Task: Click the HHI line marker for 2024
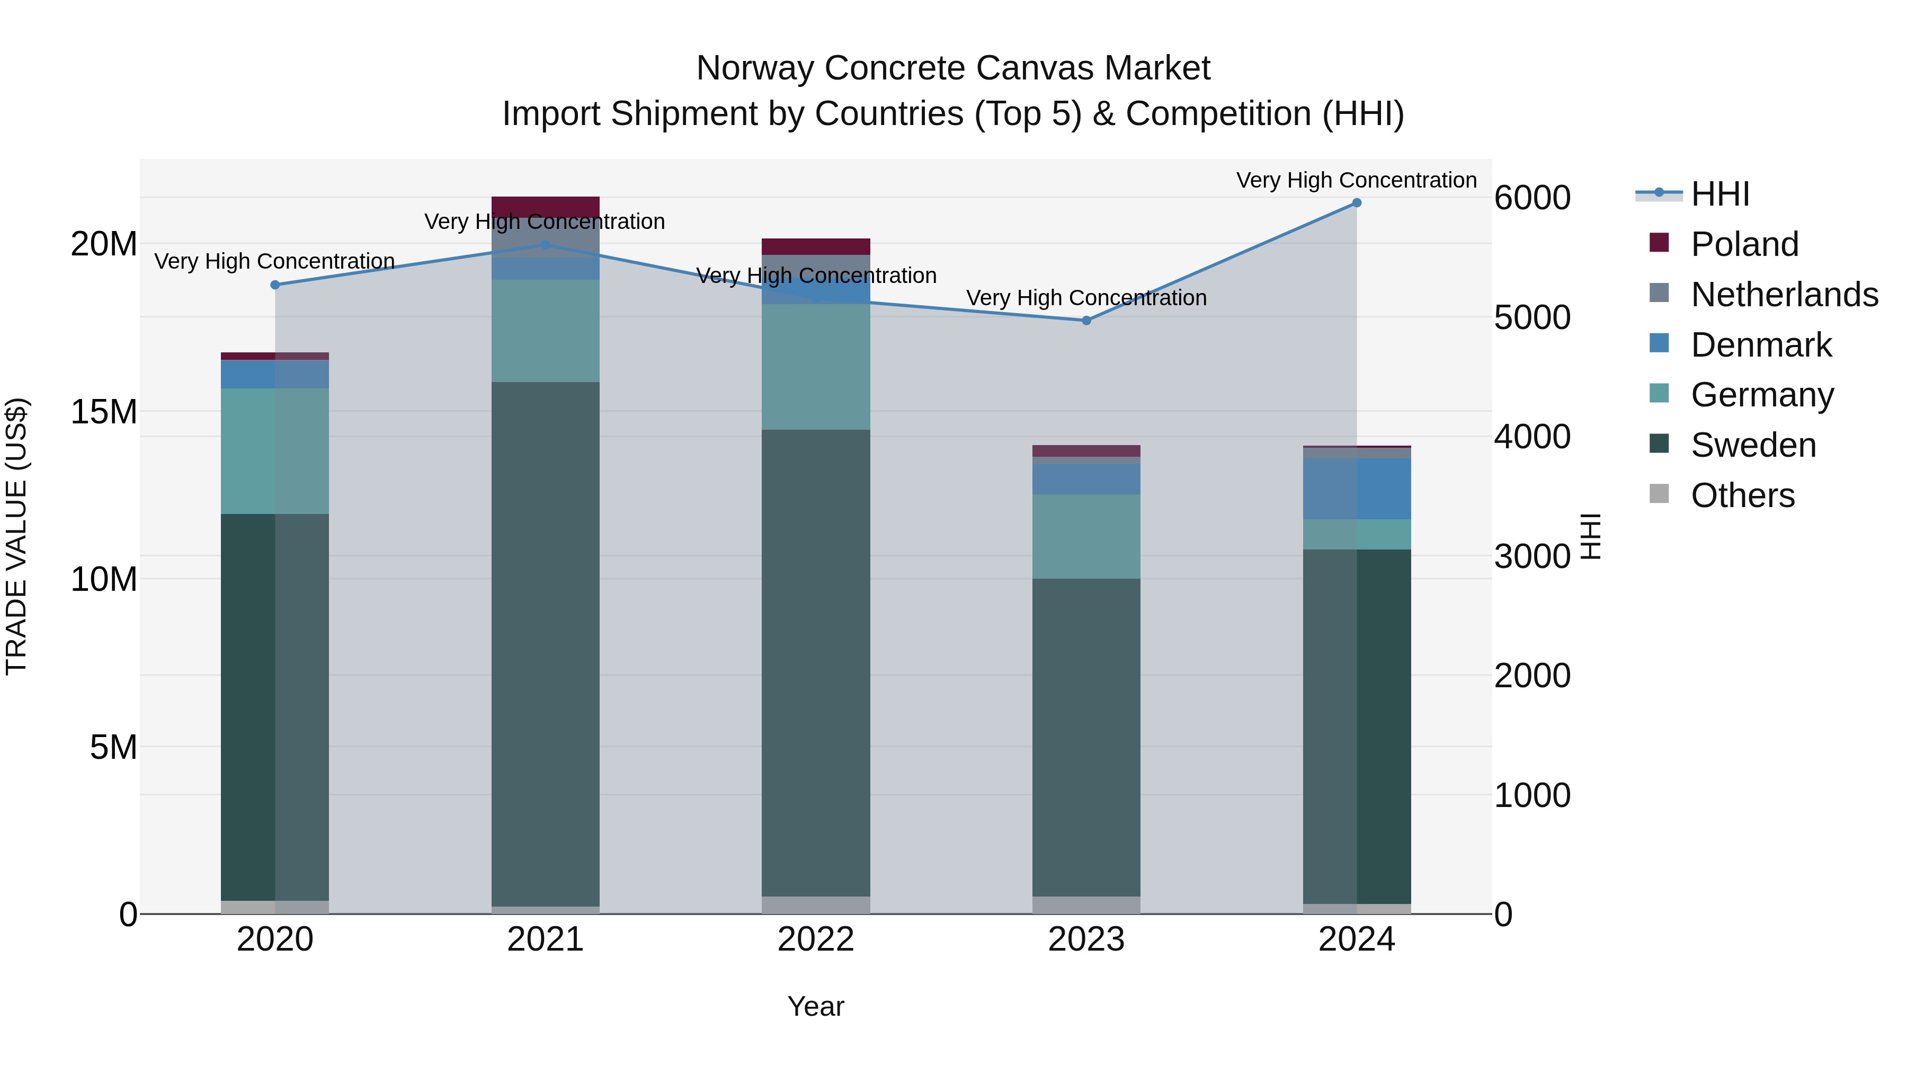coord(1356,203)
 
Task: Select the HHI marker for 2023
coord(1086,321)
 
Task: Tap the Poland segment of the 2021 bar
coord(546,207)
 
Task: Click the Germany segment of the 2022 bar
coord(816,367)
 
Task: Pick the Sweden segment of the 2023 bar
coord(1086,737)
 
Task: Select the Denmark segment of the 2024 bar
coord(1356,489)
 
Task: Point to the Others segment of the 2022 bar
coord(816,905)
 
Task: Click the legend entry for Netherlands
coord(1784,295)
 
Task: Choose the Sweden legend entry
coord(1753,445)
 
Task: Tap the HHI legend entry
coord(1719,194)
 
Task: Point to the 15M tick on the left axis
coord(104,412)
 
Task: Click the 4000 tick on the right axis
coord(1531,437)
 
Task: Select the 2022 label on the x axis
coord(816,939)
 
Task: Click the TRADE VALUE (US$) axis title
coord(16,536)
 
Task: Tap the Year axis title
coord(816,1006)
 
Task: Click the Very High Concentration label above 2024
coord(1356,180)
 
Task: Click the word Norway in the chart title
coord(755,68)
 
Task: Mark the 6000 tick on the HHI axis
coord(1531,198)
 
